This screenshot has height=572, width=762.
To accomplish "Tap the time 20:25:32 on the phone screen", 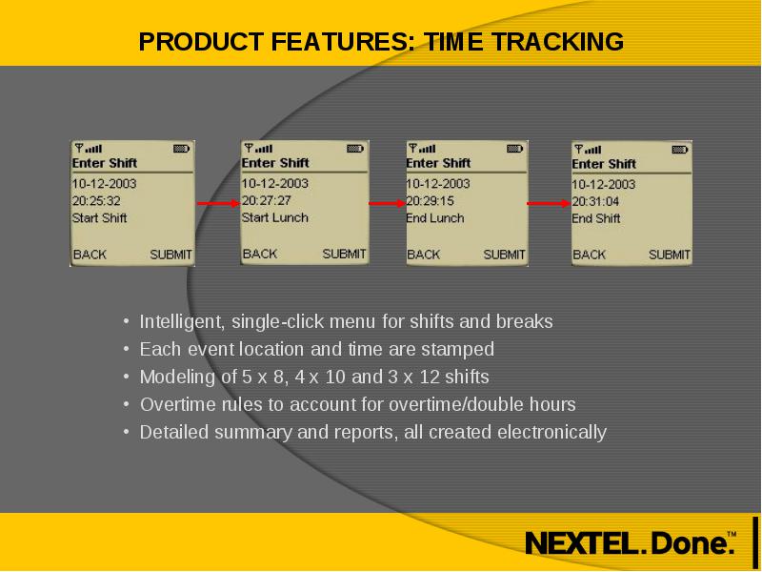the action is [96, 201].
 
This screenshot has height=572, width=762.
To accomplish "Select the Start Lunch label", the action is [275, 217].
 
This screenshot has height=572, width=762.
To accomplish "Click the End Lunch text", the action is [435, 218].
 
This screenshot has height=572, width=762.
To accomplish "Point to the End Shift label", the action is [596, 218].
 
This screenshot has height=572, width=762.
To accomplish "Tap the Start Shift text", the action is [100, 218].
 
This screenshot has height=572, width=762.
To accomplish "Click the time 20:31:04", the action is [595, 201].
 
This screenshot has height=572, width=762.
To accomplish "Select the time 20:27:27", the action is [267, 200].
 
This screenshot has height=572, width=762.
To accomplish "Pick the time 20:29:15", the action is [431, 201].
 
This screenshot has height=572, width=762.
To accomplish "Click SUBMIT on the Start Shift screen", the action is [171, 255].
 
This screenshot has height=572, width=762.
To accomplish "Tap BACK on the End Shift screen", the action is [589, 255].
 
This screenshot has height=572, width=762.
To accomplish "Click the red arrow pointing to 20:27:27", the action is [218, 203].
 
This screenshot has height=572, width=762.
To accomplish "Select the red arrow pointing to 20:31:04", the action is [549, 203].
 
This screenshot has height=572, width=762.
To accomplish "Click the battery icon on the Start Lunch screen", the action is [355, 149].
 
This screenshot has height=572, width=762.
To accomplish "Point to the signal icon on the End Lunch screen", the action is [422, 148].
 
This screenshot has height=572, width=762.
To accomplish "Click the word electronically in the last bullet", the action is [552, 433].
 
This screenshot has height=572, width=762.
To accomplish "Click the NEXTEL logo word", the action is [585, 542].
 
